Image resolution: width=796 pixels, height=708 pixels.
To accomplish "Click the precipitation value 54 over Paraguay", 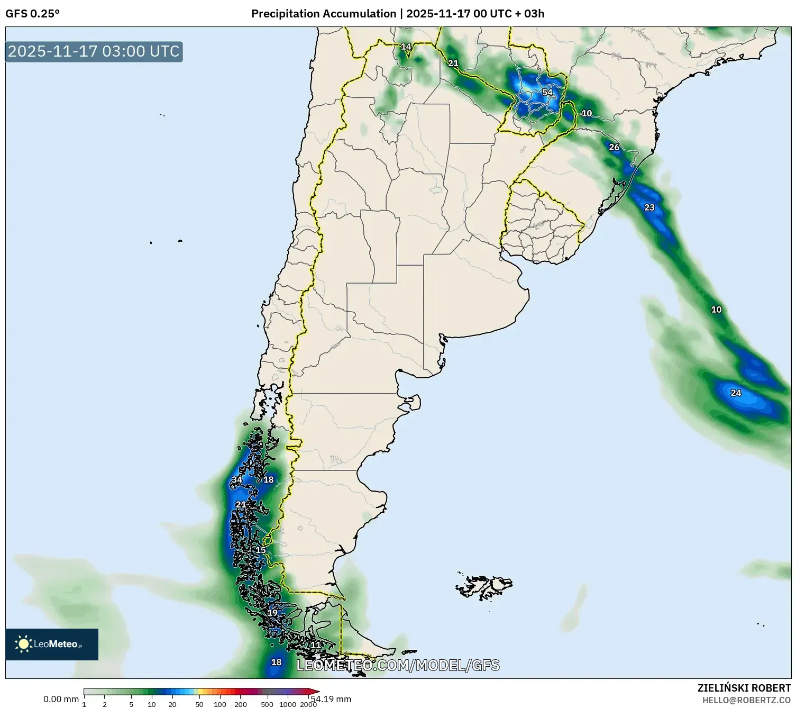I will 547,93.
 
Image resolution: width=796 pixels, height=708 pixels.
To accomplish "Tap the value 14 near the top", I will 406,47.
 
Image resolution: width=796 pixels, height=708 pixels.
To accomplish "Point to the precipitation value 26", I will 614,147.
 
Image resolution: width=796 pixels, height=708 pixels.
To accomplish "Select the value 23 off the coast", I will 649,207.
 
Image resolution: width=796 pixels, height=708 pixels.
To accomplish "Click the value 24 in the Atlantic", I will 736,393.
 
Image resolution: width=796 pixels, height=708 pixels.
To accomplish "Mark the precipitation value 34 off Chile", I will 237,480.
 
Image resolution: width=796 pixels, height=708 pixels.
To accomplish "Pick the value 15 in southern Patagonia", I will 261,550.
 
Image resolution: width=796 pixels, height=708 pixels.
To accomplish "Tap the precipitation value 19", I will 272,613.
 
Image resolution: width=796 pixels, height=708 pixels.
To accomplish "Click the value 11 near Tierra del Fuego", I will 315,645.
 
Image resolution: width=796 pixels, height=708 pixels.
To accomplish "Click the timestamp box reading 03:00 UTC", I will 94,51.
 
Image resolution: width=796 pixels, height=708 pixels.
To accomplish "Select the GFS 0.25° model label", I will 32,14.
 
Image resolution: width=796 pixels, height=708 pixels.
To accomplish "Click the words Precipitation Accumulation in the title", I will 323,14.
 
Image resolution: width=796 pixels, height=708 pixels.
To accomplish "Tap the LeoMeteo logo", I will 52,644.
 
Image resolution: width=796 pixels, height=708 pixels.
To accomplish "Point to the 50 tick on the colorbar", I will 199,704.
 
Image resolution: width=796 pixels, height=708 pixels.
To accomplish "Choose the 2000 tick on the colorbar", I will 308,704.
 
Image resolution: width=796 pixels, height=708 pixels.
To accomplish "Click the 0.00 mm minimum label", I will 61,699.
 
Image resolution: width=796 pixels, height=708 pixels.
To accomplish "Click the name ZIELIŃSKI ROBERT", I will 744,688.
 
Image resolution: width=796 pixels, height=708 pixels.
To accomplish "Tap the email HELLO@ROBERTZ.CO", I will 746,700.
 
